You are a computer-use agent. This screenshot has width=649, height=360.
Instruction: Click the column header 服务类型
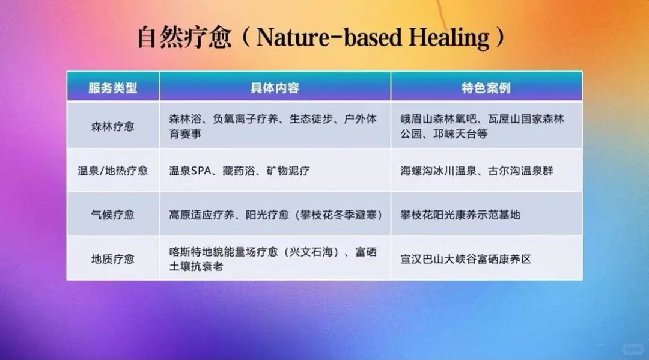click(x=113, y=88)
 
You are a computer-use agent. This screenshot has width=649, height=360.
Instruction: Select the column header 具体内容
click(x=275, y=88)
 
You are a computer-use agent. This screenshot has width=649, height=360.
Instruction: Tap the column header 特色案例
click(x=486, y=88)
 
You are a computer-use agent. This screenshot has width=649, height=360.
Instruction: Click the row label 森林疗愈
click(x=113, y=126)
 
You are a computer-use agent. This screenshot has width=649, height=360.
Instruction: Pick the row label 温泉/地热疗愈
click(x=113, y=171)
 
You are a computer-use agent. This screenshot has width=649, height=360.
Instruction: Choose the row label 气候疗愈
click(x=113, y=214)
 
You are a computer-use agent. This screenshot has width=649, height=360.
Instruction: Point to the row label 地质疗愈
click(x=113, y=259)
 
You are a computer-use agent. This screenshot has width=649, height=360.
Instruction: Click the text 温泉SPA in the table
click(x=188, y=171)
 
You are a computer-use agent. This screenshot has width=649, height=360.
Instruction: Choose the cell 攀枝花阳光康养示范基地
click(x=460, y=214)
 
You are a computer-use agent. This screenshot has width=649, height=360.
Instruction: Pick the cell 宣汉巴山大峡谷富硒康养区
click(x=466, y=259)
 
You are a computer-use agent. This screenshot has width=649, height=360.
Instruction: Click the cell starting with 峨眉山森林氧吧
click(x=483, y=126)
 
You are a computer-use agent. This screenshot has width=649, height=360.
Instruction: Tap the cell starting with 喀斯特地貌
click(x=273, y=259)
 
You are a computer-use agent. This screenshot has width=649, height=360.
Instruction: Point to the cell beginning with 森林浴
click(x=273, y=126)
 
